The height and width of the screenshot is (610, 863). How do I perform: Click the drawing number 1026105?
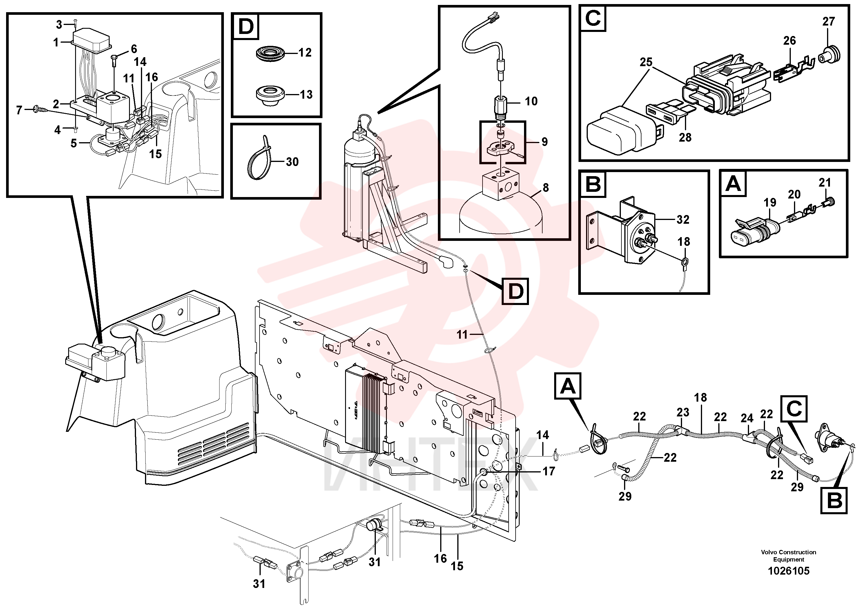(x=788, y=571)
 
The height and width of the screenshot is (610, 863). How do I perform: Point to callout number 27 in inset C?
(x=828, y=21)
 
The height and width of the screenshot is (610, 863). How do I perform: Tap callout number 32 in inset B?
(x=683, y=220)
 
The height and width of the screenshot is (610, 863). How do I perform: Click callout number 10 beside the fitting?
(x=531, y=101)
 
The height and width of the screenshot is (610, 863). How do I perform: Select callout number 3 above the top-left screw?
(x=59, y=25)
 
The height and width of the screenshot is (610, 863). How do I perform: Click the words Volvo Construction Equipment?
(x=788, y=556)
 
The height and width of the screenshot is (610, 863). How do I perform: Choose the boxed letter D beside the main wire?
(x=516, y=291)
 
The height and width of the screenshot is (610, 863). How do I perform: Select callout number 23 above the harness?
(x=683, y=413)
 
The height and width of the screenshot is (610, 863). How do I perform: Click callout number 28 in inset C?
(x=685, y=138)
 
